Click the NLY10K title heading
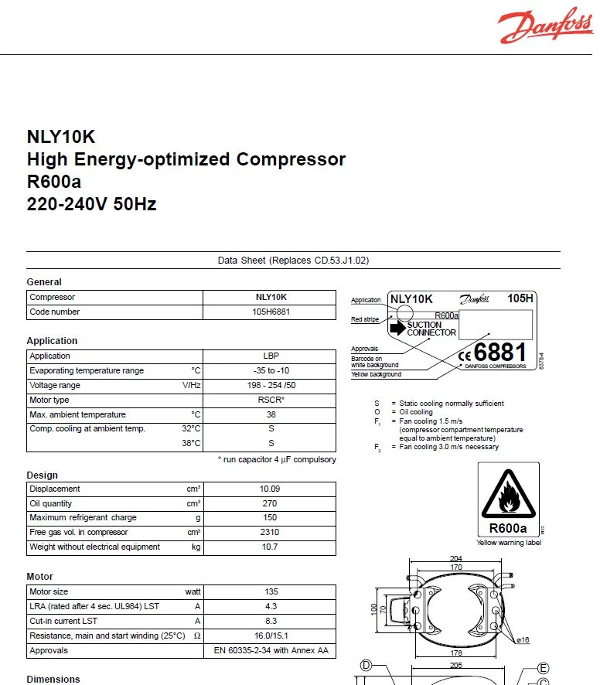[x=61, y=137]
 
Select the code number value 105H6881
[x=271, y=312]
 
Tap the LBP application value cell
[x=271, y=356]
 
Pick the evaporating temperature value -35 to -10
[x=271, y=370]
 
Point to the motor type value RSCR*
[x=271, y=400]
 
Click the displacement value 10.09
[x=270, y=489]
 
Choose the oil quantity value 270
[x=270, y=503]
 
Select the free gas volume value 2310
[x=270, y=533]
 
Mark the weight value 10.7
[x=270, y=547]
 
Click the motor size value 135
[x=271, y=591]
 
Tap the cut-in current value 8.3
[x=271, y=621]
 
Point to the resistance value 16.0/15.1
[x=271, y=636]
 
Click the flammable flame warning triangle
[x=508, y=496]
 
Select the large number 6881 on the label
[x=499, y=353]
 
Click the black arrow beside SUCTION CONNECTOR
[x=397, y=329]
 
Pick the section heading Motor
[x=40, y=577]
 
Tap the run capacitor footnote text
[x=277, y=460]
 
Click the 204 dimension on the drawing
[x=457, y=558]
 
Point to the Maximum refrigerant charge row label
[x=83, y=518]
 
